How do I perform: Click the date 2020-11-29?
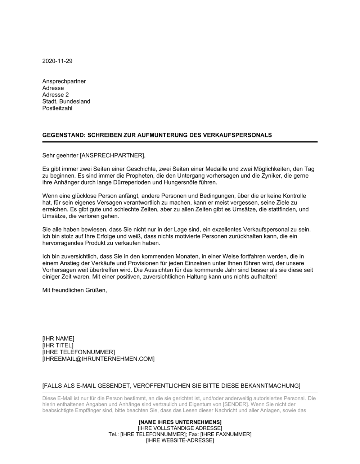[x=57, y=61]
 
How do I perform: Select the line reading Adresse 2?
[x=55, y=95]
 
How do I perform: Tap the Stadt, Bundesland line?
[x=66, y=101]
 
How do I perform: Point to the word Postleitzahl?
[x=57, y=108]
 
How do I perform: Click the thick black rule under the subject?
[x=180, y=142]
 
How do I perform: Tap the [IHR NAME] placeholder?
[x=58, y=338]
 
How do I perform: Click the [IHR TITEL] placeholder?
[x=58, y=345]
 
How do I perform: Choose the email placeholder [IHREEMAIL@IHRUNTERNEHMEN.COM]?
[x=98, y=359]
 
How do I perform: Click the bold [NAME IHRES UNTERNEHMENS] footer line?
[x=180, y=422]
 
